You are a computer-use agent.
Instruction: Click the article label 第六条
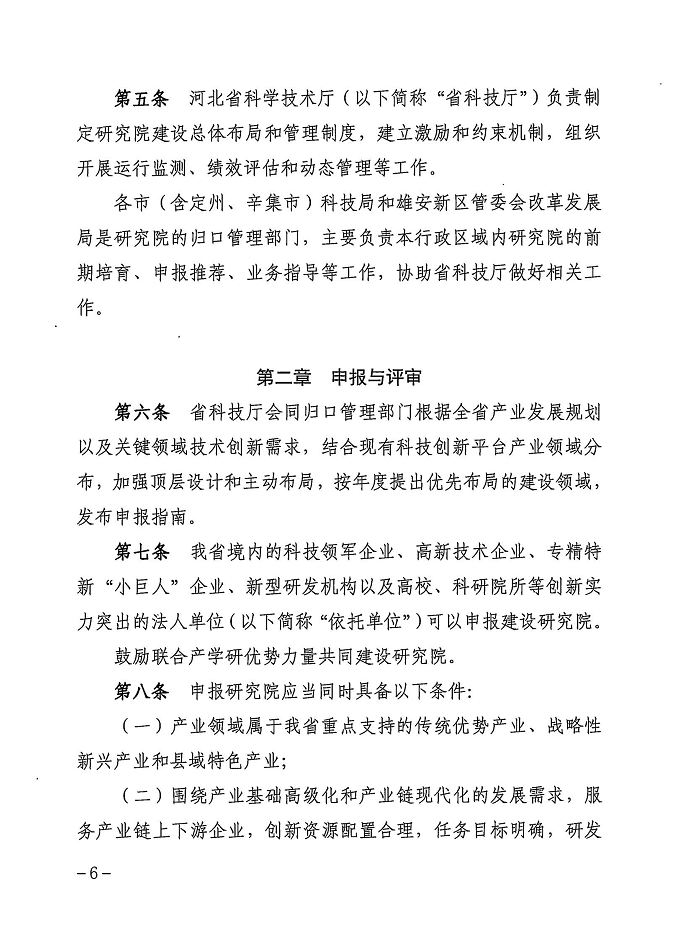[142, 412]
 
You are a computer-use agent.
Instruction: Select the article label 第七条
[142, 551]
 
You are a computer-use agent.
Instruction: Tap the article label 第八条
[142, 691]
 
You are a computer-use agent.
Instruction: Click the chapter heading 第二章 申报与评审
[339, 377]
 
